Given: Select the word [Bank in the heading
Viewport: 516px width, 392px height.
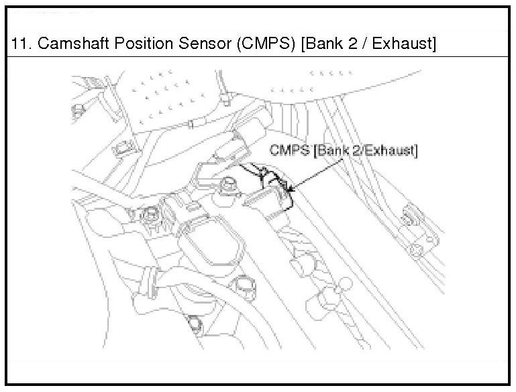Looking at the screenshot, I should coord(319,44).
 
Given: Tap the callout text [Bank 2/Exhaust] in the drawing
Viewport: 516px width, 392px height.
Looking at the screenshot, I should coord(363,151).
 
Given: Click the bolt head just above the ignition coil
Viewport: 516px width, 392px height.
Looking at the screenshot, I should coord(229,182).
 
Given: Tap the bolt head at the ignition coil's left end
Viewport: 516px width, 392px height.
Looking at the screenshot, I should coord(152,215).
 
